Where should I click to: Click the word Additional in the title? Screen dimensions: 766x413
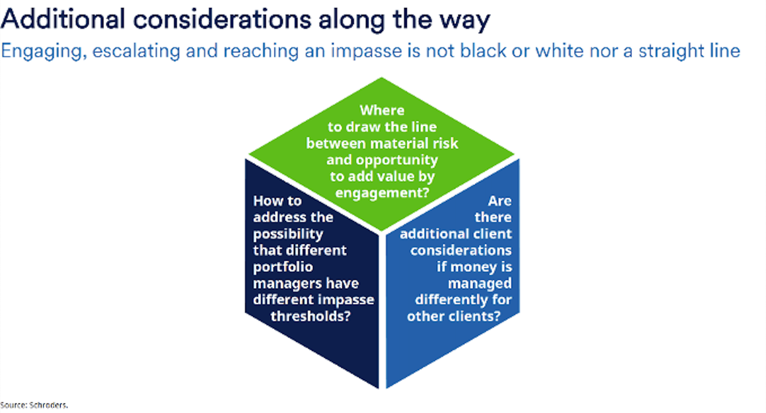[x=63, y=19]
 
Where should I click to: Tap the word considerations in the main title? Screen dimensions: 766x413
[x=222, y=19]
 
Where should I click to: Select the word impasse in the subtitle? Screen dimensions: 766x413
[x=366, y=51]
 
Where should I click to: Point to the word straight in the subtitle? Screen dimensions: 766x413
[x=671, y=51]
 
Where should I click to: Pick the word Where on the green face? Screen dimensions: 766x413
[x=382, y=110]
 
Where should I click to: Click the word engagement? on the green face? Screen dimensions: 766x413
[x=382, y=193]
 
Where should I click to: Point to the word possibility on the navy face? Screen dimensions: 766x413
[x=288, y=234]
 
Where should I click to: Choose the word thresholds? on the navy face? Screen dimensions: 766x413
[x=311, y=316]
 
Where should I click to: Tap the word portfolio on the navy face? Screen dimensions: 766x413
[x=283, y=267]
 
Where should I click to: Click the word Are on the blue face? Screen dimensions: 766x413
[x=500, y=201]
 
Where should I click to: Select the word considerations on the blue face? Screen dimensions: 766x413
[x=461, y=250]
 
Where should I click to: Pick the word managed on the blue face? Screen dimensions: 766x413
[x=480, y=284]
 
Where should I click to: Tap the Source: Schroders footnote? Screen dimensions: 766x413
[x=34, y=405]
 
